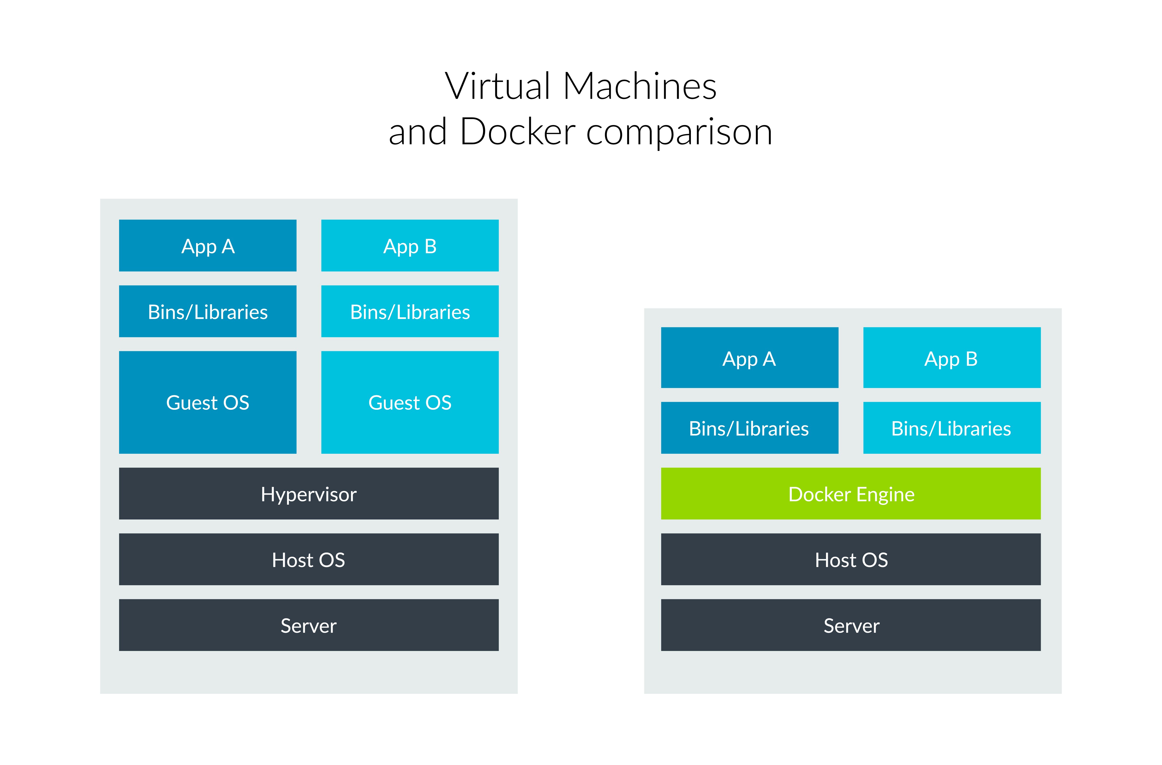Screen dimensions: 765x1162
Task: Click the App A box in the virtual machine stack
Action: pos(208,246)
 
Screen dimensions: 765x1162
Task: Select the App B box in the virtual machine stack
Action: pos(410,246)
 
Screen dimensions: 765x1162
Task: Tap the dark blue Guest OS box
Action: pos(208,402)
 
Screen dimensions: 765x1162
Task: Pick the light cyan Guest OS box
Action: pos(410,402)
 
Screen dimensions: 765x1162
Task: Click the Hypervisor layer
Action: pos(308,494)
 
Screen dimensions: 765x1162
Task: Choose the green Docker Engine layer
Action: pos(850,494)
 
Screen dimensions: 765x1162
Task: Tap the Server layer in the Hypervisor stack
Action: pos(308,625)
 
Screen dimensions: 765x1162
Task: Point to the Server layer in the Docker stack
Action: pos(850,625)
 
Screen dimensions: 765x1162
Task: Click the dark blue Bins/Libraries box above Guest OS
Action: pos(208,311)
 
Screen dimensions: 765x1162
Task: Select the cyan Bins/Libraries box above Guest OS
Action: pos(410,311)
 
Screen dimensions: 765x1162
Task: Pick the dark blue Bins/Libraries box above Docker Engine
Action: pos(749,428)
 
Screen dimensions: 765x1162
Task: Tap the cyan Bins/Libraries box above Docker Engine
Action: pos(952,428)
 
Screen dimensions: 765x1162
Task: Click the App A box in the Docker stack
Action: pos(749,358)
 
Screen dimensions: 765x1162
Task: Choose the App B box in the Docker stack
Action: pos(952,358)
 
